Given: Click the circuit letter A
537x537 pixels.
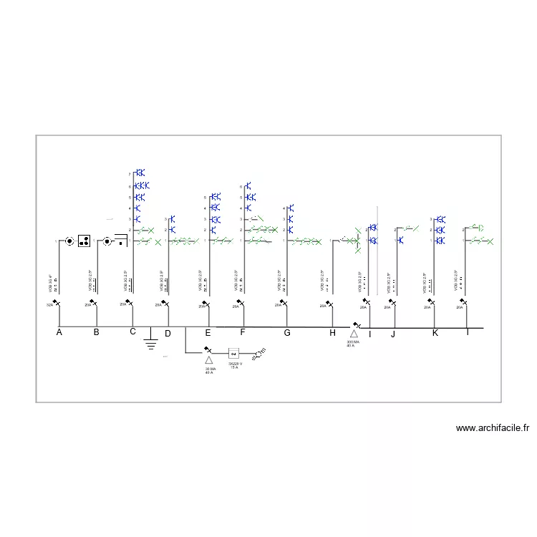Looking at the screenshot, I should pyautogui.click(x=59, y=332).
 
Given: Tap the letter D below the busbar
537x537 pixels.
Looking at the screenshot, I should pyautogui.click(x=168, y=333).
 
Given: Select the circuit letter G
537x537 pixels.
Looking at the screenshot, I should pyautogui.click(x=287, y=332).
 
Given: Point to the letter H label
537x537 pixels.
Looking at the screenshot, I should pyautogui.click(x=332, y=332).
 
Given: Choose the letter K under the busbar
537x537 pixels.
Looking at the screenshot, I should pyautogui.click(x=435, y=332).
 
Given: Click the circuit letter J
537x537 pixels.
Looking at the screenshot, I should pyautogui.click(x=393, y=334).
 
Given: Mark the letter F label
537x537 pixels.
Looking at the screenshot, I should pyautogui.click(x=242, y=332).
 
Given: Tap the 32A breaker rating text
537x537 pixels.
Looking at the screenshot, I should pyautogui.click(x=49, y=306).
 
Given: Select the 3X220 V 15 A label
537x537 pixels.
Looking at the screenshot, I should pyautogui.click(x=234, y=365).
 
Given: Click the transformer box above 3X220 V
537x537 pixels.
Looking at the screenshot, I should pyautogui.click(x=233, y=353).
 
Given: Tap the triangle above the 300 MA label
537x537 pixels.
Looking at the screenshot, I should pyautogui.click(x=353, y=333).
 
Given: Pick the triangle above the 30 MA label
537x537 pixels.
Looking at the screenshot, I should pyautogui.click(x=209, y=361).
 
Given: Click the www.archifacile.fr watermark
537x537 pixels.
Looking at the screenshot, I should pyautogui.click(x=493, y=428).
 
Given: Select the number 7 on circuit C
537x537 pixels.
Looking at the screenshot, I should pyautogui.click(x=130, y=174).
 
